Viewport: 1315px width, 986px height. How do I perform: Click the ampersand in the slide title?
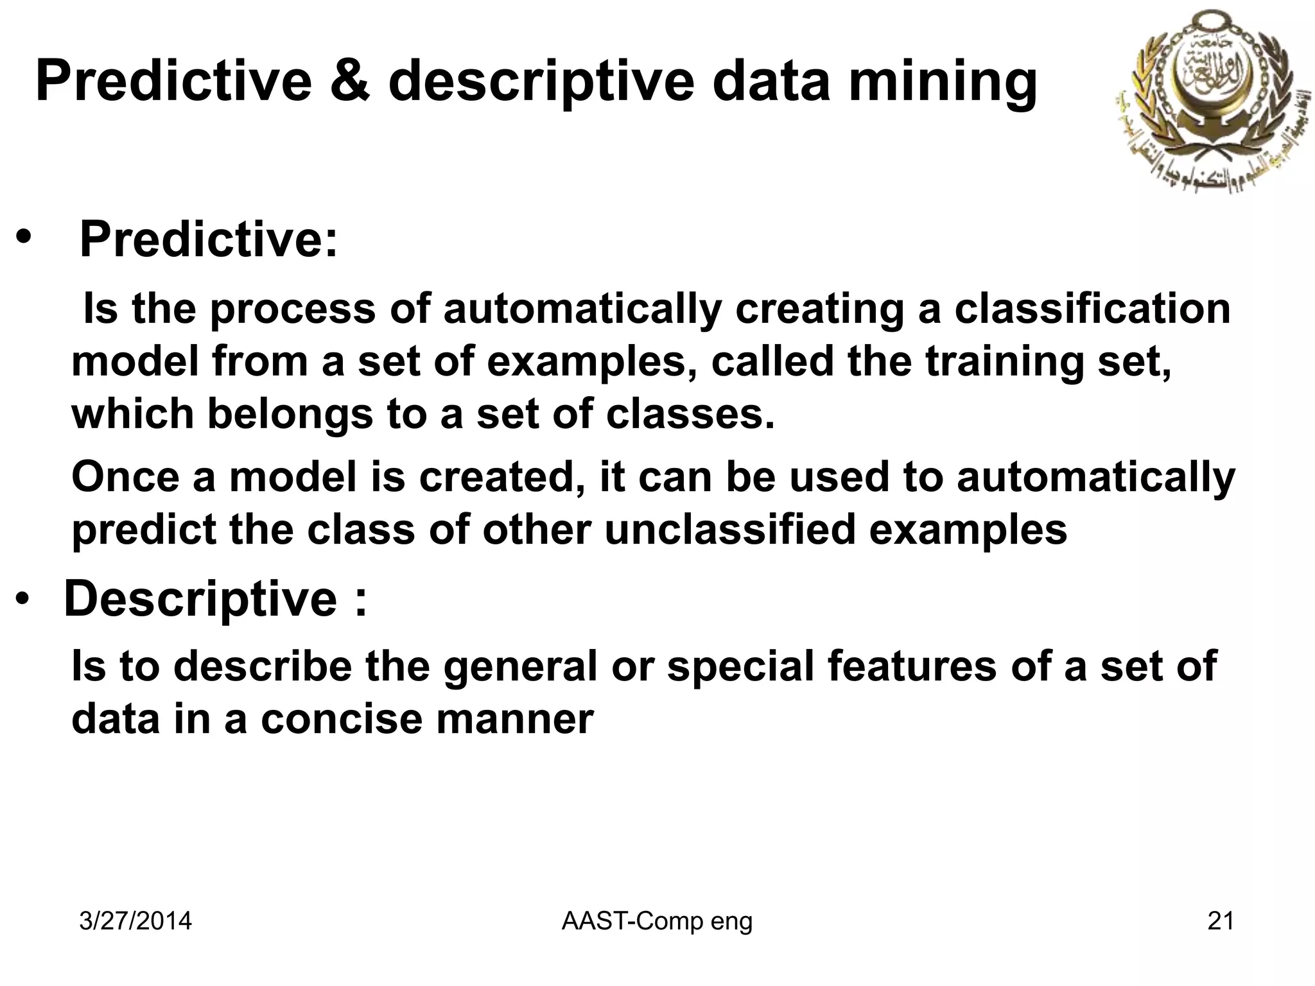[x=352, y=82]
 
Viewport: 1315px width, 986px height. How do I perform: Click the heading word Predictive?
[x=208, y=239]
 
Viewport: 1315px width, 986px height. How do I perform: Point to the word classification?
[x=1092, y=309]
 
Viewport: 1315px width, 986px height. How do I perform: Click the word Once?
[x=125, y=478]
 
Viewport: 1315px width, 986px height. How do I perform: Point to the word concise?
[x=341, y=720]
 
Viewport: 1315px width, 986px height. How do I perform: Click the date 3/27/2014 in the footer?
[x=135, y=921]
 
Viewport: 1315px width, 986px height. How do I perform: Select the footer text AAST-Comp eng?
[x=657, y=921]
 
